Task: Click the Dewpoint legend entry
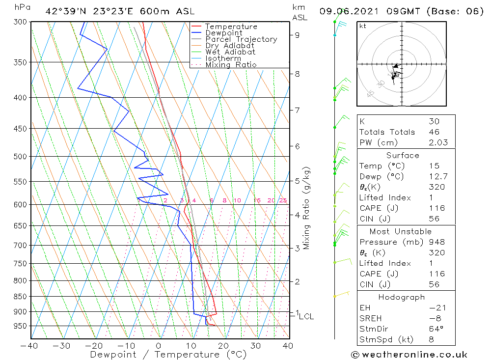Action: [223, 33]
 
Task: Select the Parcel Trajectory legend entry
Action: [241, 39]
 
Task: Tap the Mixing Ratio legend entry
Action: [231, 65]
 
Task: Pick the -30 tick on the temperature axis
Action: [62, 345]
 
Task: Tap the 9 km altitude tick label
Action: [298, 35]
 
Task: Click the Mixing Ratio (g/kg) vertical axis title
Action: [307, 208]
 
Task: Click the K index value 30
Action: [434, 121]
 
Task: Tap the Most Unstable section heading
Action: [400, 231]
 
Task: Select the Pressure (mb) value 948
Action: [436, 242]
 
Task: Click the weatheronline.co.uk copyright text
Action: [409, 354]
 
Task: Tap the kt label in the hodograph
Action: [362, 26]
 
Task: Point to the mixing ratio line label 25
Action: [283, 200]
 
